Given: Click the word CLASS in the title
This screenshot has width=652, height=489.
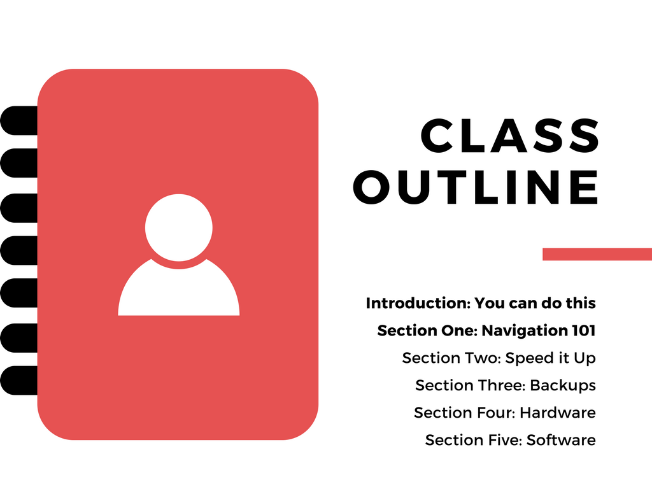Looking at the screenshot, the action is click(x=510, y=136).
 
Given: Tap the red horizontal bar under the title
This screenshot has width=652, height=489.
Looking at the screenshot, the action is click(x=597, y=254).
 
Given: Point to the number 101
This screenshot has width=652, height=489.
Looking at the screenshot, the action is click(x=584, y=330).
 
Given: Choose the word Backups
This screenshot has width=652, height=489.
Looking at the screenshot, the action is click(x=563, y=385).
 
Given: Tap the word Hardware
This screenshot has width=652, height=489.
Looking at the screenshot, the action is click(x=558, y=413).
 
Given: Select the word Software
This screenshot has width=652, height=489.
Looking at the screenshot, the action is click(x=561, y=440).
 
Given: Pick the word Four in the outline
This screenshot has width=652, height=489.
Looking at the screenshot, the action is click(x=491, y=413).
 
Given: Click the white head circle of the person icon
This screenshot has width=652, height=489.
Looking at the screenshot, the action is click(x=179, y=227).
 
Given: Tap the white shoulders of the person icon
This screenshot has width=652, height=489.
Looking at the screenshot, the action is click(x=179, y=291).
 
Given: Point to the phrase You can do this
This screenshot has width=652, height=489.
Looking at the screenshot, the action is click(x=535, y=303).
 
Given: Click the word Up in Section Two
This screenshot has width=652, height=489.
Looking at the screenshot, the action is click(x=585, y=358).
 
